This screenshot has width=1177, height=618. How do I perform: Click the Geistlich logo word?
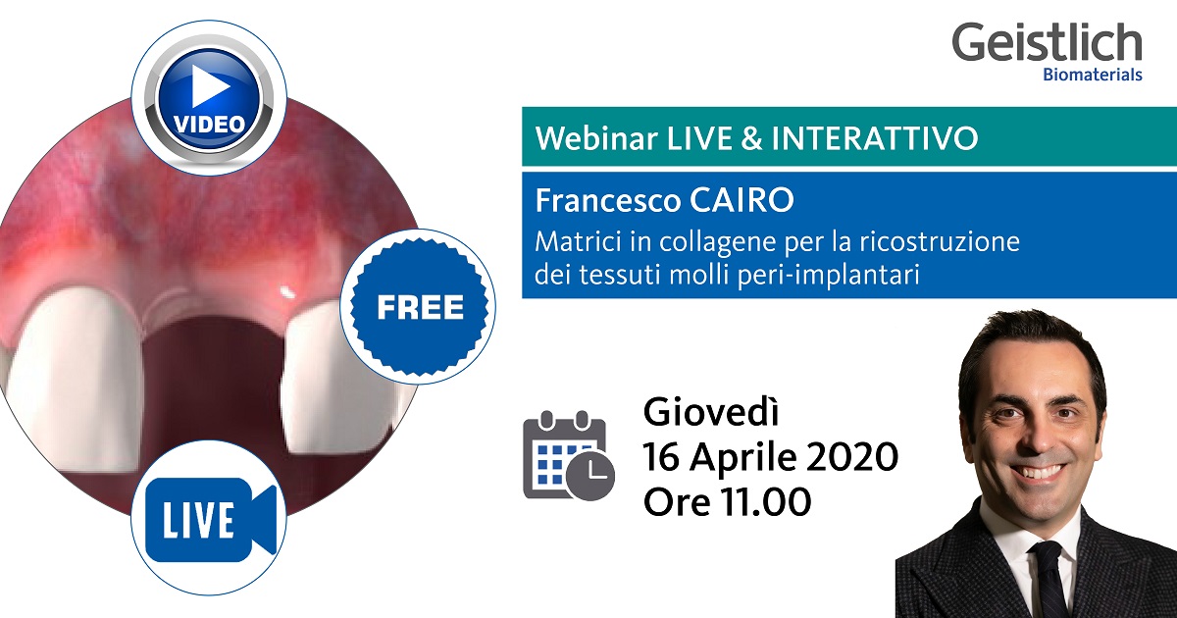[x=1047, y=43]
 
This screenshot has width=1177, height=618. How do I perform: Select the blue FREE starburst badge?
[x=420, y=307]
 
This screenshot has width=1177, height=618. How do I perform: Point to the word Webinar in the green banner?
[x=587, y=138]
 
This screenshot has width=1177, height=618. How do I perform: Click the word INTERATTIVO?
[x=875, y=138]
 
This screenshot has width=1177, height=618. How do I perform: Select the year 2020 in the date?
[x=850, y=457]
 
